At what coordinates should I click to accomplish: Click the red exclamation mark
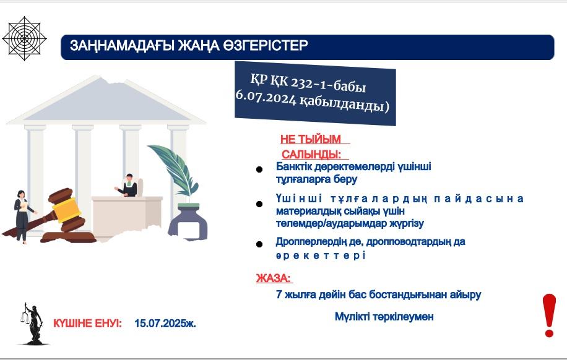point(549,315)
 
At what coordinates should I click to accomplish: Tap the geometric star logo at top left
point(24,38)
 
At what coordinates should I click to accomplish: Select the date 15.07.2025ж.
point(165,324)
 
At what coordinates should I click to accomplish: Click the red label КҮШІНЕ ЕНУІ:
point(87,324)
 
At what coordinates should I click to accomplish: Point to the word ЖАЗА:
point(274,278)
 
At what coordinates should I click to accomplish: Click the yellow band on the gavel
point(66,210)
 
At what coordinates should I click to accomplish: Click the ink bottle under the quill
point(188,221)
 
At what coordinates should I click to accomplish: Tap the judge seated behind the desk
point(128,186)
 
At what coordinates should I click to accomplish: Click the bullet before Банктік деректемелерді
point(259,169)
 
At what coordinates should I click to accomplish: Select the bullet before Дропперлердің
point(259,244)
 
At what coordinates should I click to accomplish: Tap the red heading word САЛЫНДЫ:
point(311,155)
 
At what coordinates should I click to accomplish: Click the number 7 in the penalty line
point(279,294)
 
